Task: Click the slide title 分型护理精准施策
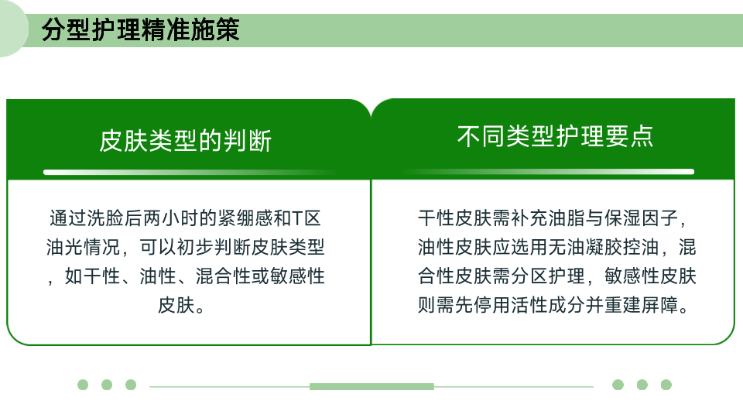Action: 140,30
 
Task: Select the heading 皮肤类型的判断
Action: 186,141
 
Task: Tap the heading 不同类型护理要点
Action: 555,136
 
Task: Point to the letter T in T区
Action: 297,218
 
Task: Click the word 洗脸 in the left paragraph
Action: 106,218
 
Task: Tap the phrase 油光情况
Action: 84,247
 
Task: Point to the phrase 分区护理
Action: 548,276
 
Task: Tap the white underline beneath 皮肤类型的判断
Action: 190,172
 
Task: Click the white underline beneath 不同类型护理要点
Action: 548,172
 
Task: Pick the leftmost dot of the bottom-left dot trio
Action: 83,385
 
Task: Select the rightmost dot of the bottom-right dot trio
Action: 666,385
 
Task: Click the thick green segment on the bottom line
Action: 372,387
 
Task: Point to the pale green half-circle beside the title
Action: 13,29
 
